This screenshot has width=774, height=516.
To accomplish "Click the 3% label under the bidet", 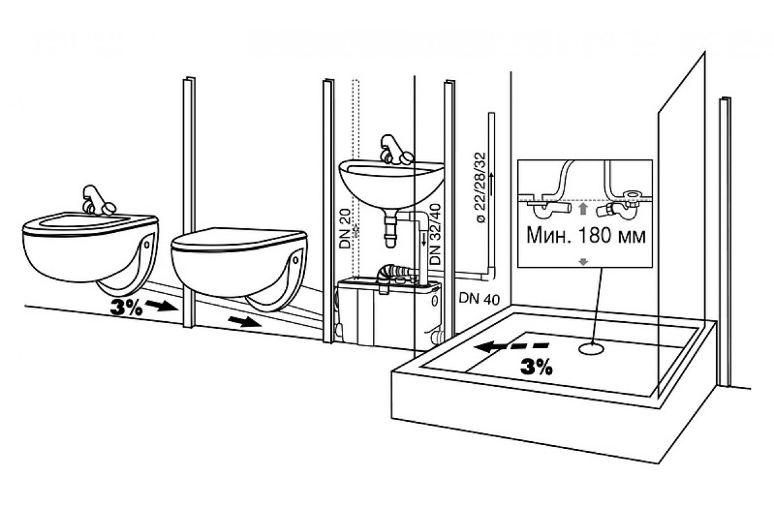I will click(x=126, y=308).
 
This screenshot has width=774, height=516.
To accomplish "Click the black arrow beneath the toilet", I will click(x=245, y=322).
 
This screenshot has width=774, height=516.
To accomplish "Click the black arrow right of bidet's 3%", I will click(x=161, y=306).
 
